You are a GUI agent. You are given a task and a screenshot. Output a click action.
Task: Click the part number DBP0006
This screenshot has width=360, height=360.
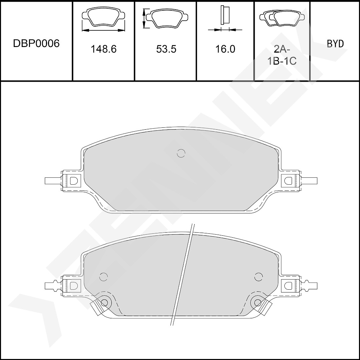[x=36, y=43]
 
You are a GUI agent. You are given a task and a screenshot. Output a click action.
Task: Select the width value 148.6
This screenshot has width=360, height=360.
[x=104, y=49]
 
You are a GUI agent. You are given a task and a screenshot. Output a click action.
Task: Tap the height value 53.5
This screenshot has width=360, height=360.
[x=166, y=49]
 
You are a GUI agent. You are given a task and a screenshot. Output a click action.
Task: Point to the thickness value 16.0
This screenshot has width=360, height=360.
[x=225, y=49]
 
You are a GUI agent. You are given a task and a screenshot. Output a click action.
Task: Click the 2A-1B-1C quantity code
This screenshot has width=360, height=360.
[x=282, y=55]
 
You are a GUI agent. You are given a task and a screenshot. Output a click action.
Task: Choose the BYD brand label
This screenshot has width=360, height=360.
[x=335, y=44]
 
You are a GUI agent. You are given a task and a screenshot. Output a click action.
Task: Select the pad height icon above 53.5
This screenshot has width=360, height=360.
[x=166, y=18]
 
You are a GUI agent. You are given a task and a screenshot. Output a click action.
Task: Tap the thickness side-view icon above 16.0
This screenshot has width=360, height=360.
[x=225, y=19]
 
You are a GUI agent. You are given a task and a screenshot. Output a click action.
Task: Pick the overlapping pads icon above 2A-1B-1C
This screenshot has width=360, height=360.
[x=282, y=18]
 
